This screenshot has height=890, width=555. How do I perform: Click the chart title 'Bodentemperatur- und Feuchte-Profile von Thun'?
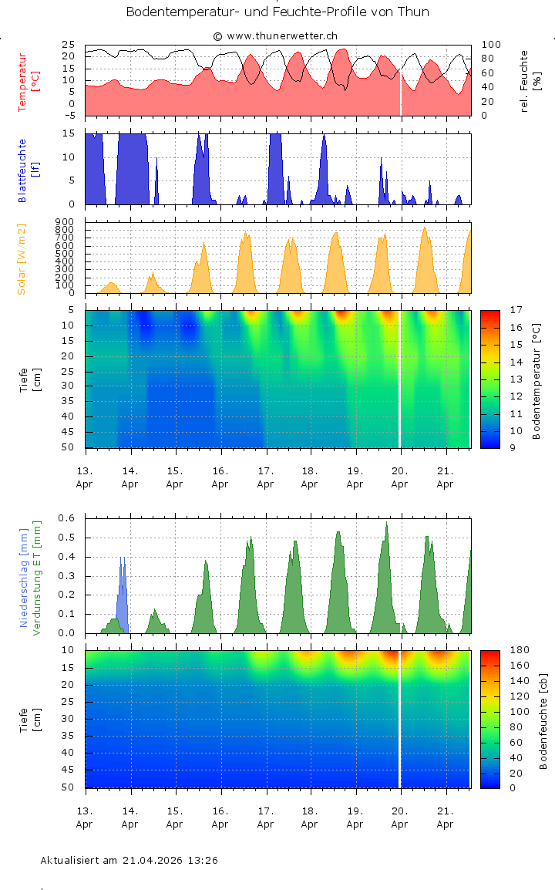click(277, 12)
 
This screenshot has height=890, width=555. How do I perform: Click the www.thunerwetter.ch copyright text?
click(275, 35)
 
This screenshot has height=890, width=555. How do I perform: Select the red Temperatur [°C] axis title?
click(22, 83)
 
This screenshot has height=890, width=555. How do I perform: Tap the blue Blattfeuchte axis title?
click(22, 170)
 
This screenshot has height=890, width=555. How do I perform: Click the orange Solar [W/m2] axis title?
click(22, 259)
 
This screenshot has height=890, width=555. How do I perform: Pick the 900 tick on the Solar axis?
click(64, 222)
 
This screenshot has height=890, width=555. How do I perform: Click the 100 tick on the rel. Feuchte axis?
click(491, 45)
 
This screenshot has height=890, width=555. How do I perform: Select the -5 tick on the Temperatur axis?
click(69, 116)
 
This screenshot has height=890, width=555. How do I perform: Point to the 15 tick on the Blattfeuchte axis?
click(68, 133)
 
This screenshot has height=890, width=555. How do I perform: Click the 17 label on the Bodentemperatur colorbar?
click(516, 310)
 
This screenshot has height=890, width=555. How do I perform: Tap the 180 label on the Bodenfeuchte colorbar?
click(518, 650)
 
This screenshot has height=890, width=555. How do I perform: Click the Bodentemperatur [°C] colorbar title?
click(537, 379)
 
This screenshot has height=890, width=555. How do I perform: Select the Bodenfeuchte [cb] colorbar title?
click(543, 719)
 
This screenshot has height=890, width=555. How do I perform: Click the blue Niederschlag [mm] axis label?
click(23, 578)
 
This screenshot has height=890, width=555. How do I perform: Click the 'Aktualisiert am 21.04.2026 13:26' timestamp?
click(129, 860)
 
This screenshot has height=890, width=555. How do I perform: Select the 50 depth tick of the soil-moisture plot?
click(68, 787)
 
